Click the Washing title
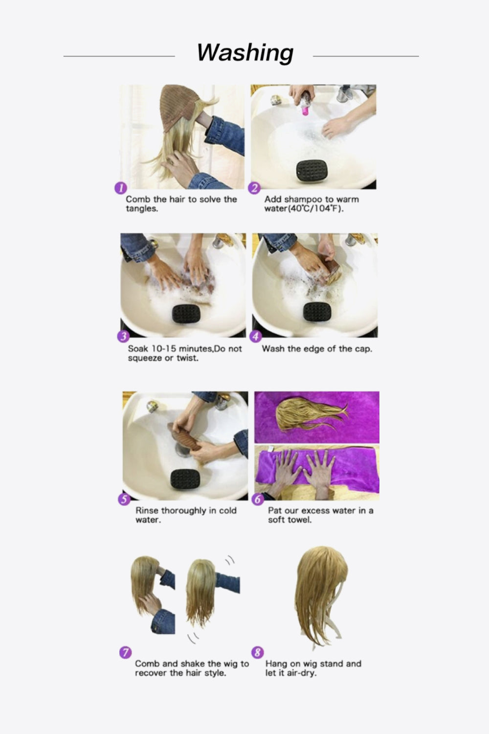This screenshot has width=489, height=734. (245, 52)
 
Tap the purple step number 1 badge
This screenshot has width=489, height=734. (120, 188)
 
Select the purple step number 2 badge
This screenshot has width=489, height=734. (254, 188)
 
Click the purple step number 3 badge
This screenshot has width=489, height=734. (123, 337)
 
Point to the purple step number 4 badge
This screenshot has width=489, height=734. (256, 337)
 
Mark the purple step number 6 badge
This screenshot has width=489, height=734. (258, 499)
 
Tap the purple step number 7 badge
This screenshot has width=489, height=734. (125, 652)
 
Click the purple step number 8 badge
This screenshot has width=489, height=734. (257, 652)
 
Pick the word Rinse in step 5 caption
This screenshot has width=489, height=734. (147, 510)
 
